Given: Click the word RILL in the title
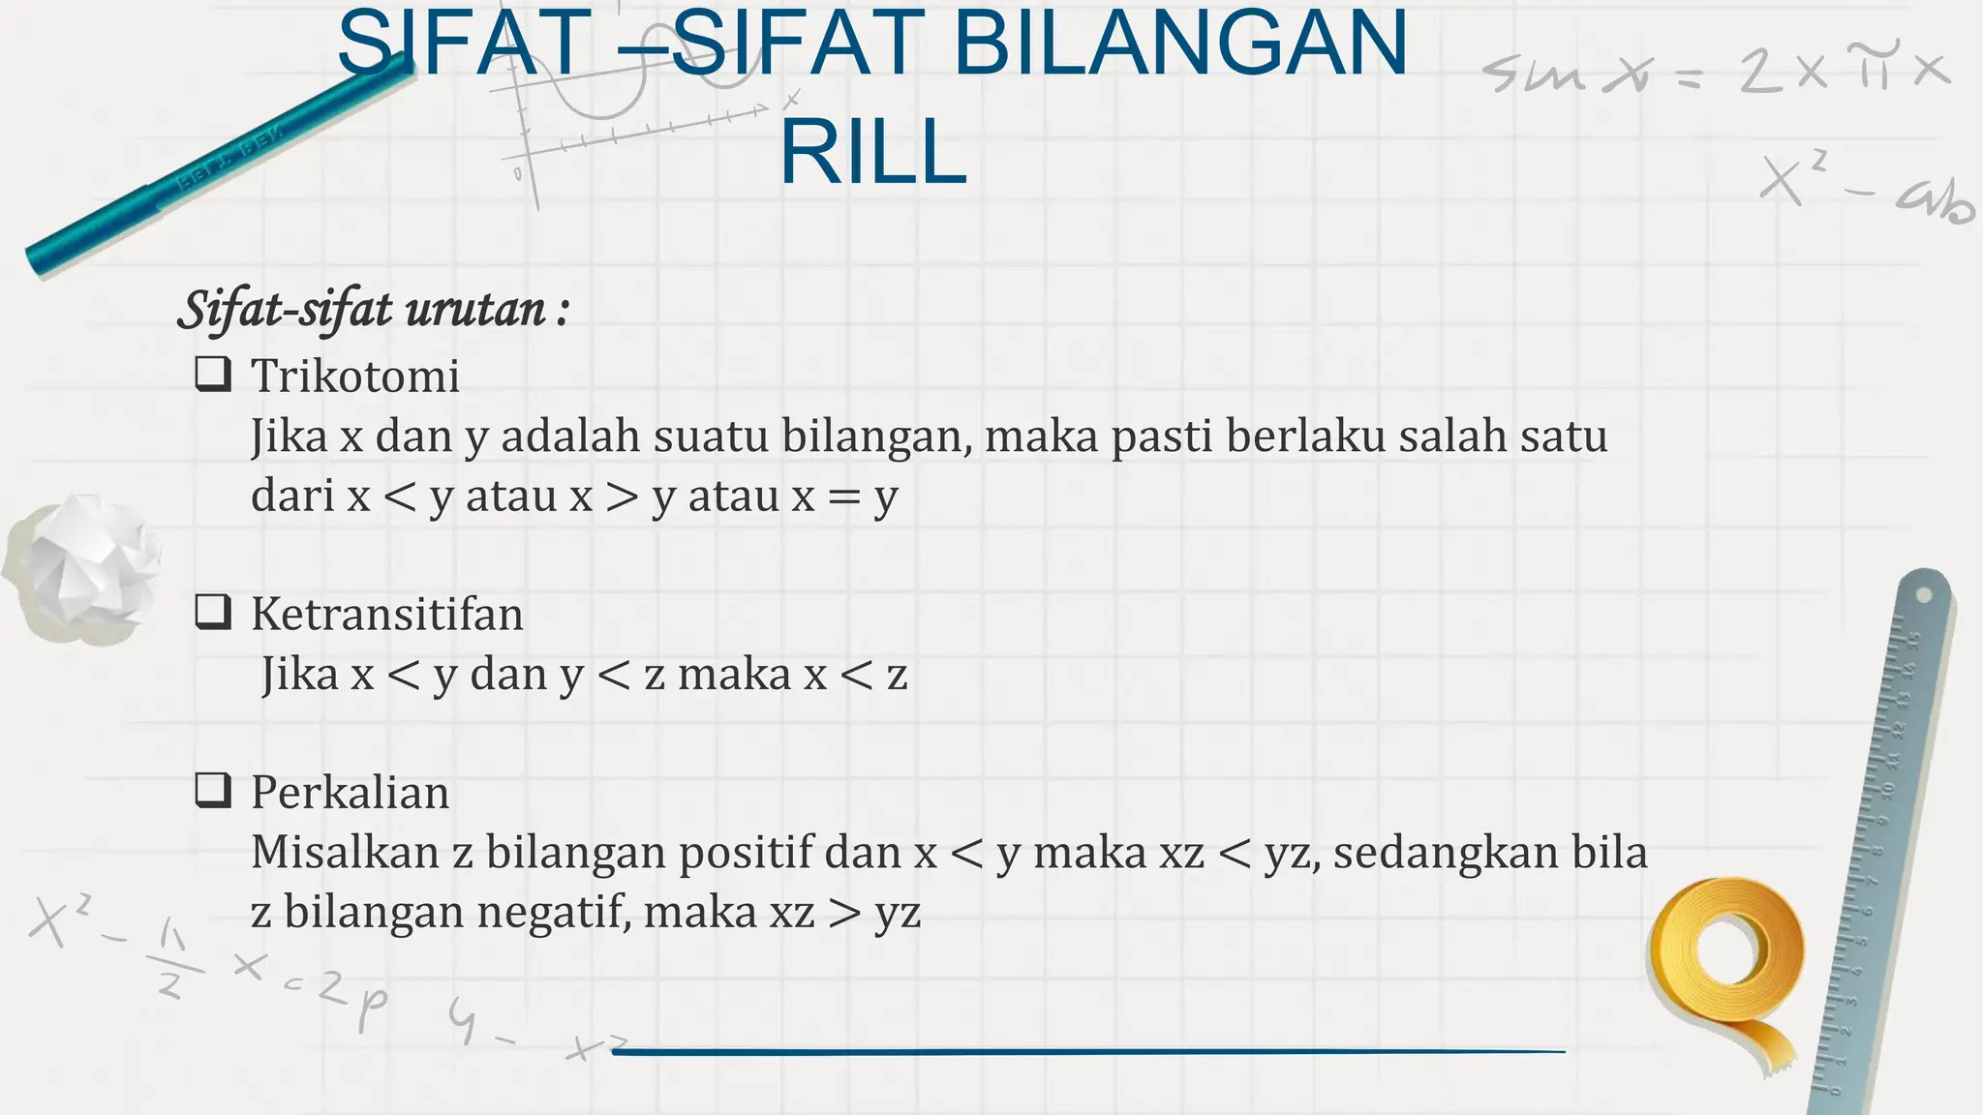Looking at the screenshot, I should click(873, 153).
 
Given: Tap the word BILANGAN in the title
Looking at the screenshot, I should click(1180, 44).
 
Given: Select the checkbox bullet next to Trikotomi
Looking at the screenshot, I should click(213, 374).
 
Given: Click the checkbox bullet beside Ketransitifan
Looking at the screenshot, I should click(213, 612).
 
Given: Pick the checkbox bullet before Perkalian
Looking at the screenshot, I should click(213, 790).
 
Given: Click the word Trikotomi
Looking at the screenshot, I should click(355, 376).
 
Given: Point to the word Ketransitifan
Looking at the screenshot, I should click(387, 614).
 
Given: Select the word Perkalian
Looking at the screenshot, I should click(351, 793).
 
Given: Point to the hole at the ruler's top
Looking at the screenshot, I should click(1925, 593).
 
